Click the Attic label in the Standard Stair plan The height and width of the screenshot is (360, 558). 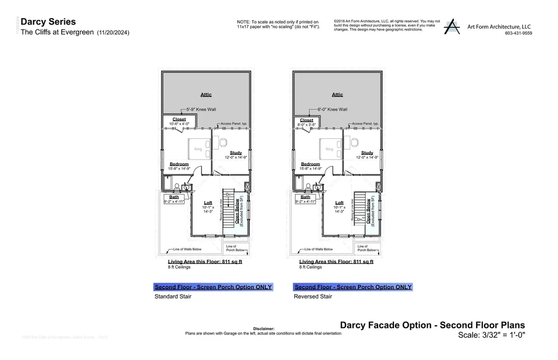tap(205, 95)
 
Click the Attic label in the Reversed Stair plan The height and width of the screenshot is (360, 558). tap(337, 95)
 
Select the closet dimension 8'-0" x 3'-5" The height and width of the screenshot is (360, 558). tap(306, 125)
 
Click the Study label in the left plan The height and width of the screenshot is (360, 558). tap(235, 153)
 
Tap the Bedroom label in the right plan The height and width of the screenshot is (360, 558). tap(311, 164)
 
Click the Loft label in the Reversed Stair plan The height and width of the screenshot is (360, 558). tap(339, 203)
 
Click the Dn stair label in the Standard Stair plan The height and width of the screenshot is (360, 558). tap(229, 194)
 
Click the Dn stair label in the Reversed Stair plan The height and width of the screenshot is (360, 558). tap(360, 219)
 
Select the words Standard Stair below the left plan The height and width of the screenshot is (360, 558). tap(173, 297)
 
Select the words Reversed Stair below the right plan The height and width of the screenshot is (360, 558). tap(312, 297)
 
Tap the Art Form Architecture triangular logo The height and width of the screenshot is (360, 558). tap(451, 27)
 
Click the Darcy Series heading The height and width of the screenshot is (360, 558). tap(48, 22)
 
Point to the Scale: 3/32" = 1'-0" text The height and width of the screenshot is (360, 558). tap(491, 335)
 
